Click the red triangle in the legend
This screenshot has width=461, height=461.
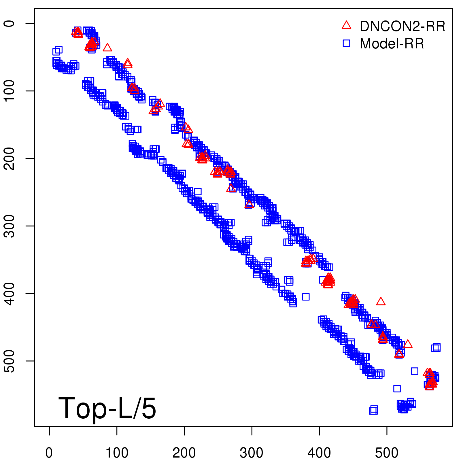(x=346, y=25)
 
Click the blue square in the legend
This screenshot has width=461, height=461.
(x=346, y=43)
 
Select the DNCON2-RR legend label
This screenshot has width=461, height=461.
(x=403, y=27)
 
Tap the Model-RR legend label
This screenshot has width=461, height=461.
(x=392, y=44)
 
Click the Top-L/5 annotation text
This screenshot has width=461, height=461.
(x=107, y=408)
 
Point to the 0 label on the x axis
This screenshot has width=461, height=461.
(x=49, y=453)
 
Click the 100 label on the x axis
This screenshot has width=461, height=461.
(x=117, y=453)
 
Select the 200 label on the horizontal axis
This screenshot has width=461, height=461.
(x=184, y=453)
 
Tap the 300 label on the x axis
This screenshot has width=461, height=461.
(x=252, y=453)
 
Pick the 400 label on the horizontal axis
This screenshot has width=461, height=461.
(x=319, y=453)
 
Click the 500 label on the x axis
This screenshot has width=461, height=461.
(x=387, y=453)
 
